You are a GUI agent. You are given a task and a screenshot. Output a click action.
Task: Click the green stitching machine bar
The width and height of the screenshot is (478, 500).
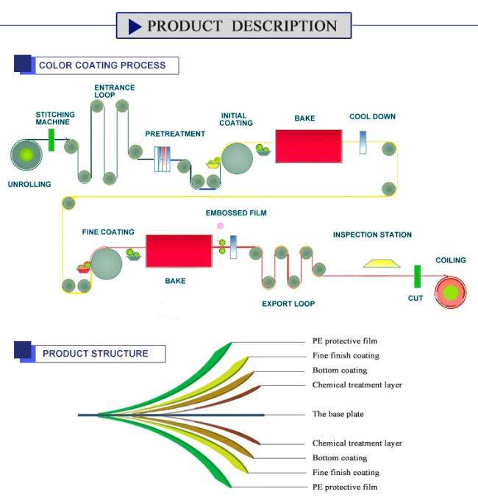pyautogui.click(x=51, y=140)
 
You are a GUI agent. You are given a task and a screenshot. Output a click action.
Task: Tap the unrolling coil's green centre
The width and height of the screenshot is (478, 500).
pyautogui.click(x=26, y=155)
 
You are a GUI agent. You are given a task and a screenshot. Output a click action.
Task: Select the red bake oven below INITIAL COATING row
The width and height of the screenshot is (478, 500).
pyautogui.click(x=309, y=146)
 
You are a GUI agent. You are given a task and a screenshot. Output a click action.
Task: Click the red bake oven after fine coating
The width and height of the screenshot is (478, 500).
pyautogui.click(x=179, y=251)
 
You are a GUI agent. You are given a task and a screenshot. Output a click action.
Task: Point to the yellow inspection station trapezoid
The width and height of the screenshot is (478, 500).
pyautogui.click(x=382, y=263)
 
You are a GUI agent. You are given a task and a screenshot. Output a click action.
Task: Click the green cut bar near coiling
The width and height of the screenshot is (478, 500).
pyautogui.click(x=417, y=276)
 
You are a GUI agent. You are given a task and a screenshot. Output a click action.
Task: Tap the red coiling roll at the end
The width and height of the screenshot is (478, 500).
pyautogui.click(x=451, y=293)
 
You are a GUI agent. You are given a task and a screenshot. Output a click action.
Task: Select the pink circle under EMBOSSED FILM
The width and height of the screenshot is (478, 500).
pyautogui.click(x=221, y=226)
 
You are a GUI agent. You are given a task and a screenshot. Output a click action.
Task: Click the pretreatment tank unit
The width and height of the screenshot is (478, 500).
pyautogui.click(x=163, y=159)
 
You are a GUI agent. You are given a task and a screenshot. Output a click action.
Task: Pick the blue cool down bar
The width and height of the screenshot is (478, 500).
pyautogui.click(x=363, y=142)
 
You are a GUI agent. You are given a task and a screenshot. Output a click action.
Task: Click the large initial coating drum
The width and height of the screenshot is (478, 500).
pyautogui.click(x=237, y=159)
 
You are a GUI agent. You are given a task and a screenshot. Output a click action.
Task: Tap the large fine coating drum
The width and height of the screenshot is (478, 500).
pyautogui.click(x=106, y=264)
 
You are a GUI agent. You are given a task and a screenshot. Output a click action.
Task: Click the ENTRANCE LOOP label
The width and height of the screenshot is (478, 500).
pyautogui.click(x=115, y=91)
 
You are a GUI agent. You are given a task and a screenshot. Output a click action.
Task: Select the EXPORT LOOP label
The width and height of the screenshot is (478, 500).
pyautogui.click(x=288, y=304)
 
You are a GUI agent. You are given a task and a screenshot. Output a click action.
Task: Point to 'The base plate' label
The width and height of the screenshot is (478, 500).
pyautogui.click(x=338, y=414)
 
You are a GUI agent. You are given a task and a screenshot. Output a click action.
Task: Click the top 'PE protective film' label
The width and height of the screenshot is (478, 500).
pyautogui.click(x=345, y=341)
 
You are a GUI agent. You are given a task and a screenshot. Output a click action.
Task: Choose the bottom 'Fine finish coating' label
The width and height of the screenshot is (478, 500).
pyautogui.click(x=346, y=472)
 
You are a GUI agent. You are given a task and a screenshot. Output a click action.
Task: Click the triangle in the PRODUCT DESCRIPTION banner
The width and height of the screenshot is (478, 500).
pyautogui.click(x=135, y=26)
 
